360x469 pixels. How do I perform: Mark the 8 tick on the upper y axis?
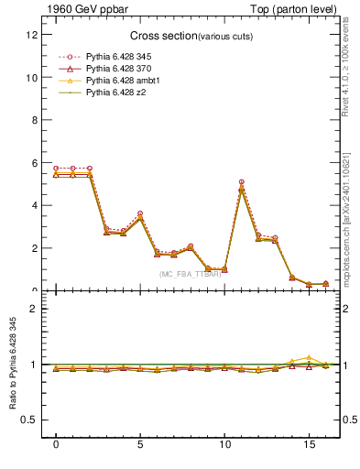coord(34,120)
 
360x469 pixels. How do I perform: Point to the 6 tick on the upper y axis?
coord(34,163)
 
